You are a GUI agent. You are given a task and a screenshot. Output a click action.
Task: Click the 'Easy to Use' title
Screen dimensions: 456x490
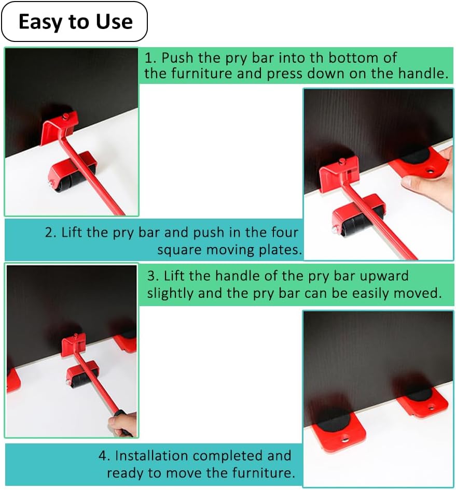click(75, 22)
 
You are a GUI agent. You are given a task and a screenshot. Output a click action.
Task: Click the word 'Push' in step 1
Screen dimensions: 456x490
click(177, 58)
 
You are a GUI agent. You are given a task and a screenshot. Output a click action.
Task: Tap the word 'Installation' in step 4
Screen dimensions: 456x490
click(152, 456)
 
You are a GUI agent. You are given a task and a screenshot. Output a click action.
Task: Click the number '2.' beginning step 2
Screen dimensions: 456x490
click(50, 233)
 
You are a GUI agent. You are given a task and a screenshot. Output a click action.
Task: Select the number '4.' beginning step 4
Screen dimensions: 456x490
click(104, 456)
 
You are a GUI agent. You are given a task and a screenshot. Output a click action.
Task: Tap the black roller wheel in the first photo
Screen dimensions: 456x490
click(72, 181)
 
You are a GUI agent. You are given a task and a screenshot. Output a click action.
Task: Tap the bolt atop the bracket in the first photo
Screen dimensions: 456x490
click(65, 117)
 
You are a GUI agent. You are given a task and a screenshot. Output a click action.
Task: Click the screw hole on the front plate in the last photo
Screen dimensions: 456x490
click(344, 440)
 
